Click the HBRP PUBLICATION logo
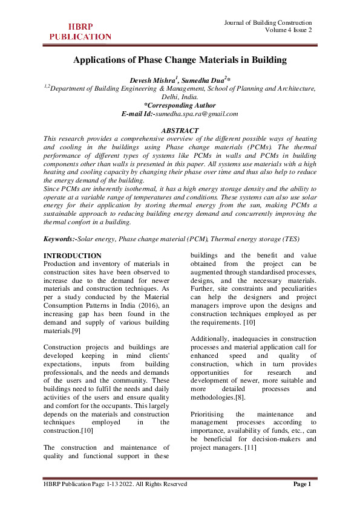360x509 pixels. (80, 31)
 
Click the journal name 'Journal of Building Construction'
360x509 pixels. (268, 22)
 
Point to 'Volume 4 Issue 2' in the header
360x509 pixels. (288, 31)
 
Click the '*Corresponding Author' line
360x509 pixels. (180, 105)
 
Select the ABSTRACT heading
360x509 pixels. (180, 130)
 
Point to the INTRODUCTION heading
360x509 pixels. (73, 256)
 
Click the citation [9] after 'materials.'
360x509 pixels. (76, 331)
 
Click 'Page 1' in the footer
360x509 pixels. (302, 484)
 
